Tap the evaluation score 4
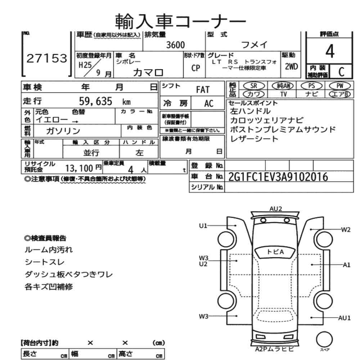click(329, 52)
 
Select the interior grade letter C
click(339, 71)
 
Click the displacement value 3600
click(175, 45)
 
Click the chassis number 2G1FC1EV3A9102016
click(278, 177)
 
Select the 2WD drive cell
click(291, 66)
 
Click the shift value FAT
click(203, 90)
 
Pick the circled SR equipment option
click(253, 86)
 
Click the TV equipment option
click(283, 94)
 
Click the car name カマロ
click(148, 72)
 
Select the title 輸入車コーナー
click(181, 22)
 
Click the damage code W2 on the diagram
click(346, 230)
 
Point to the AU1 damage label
click(345, 318)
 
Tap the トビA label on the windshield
click(275, 252)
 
